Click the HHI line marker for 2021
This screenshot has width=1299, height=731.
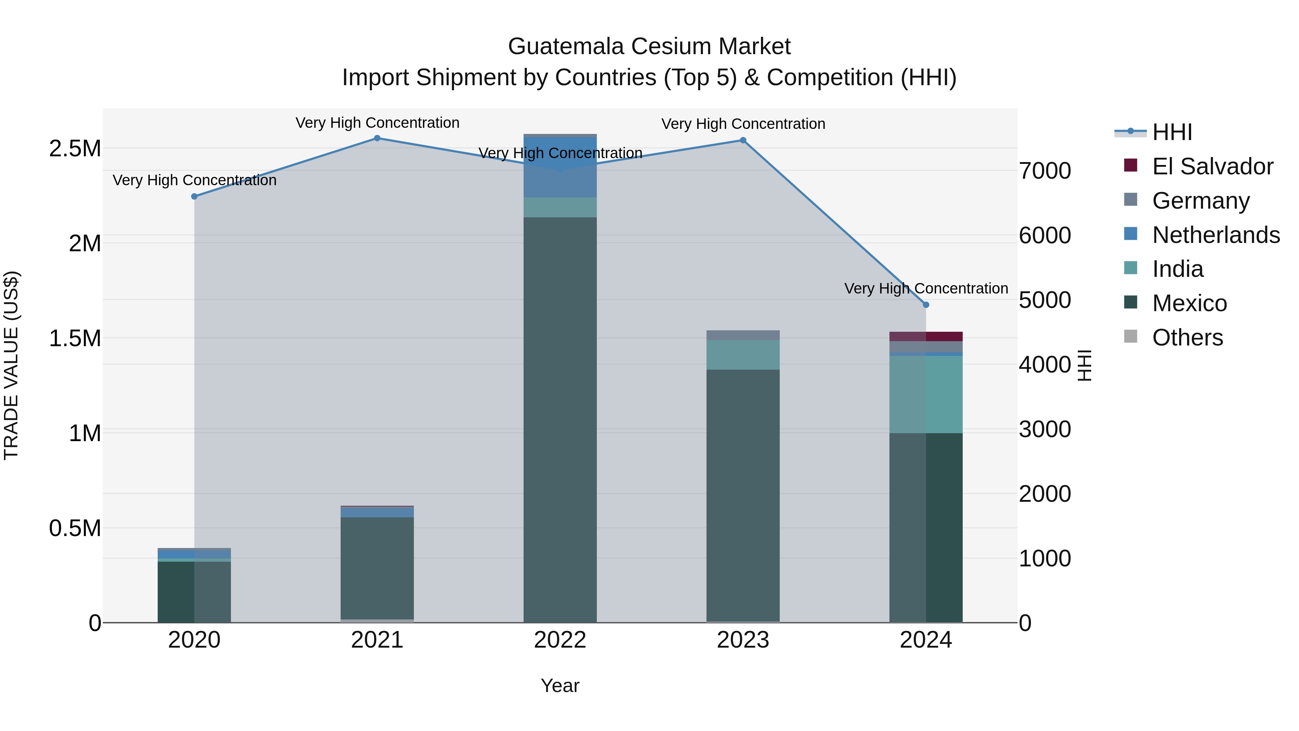[x=377, y=138]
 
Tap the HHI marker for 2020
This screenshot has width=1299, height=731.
[x=194, y=196]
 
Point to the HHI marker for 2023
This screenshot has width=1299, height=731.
[x=743, y=140]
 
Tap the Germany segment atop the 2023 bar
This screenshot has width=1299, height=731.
[x=743, y=335]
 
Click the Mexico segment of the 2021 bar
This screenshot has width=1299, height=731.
[x=377, y=567]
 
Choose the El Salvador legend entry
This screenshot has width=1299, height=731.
[x=1212, y=166]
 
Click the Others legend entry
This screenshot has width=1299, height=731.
[x=1187, y=338]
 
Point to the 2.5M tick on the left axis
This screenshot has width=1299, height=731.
[x=75, y=149]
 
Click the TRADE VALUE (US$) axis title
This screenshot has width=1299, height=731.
[x=11, y=365]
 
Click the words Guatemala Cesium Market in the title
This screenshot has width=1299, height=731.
[x=649, y=47]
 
